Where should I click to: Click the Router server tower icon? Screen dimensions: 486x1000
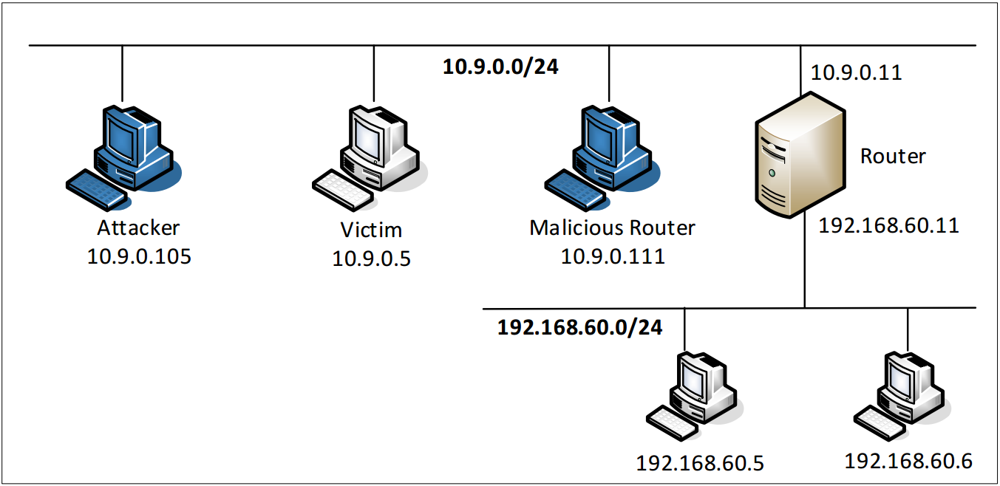[800, 155]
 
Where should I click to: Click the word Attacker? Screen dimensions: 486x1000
[139, 227]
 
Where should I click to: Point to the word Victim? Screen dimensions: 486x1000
[371, 230]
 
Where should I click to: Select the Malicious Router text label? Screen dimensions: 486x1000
[612, 227]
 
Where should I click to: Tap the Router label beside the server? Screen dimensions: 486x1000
[893, 156]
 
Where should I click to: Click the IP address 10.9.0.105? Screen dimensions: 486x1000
[139, 256]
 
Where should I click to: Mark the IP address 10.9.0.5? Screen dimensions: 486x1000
[372, 259]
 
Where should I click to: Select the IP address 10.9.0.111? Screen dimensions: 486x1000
[613, 256]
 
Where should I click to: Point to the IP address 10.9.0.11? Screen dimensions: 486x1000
[857, 72]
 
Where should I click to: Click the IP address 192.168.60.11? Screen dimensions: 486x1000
[888, 225]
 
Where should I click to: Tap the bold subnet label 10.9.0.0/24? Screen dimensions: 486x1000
[500, 66]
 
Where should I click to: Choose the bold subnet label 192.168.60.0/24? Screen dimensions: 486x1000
[579, 326]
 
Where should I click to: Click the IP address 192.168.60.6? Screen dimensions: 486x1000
[908, 461]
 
